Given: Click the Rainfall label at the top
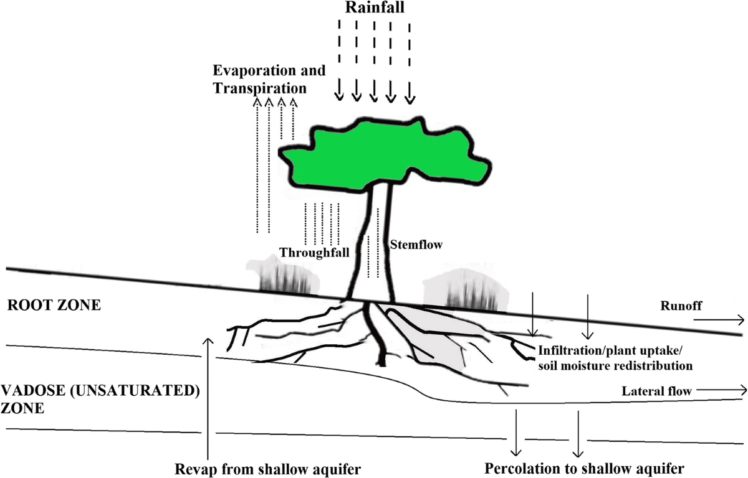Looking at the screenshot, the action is tap(373, 9).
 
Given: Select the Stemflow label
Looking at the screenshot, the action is tap(416, 245).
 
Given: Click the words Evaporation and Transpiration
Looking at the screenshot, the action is tap(269, 79).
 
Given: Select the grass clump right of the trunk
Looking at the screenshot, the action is tap(464, 291).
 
